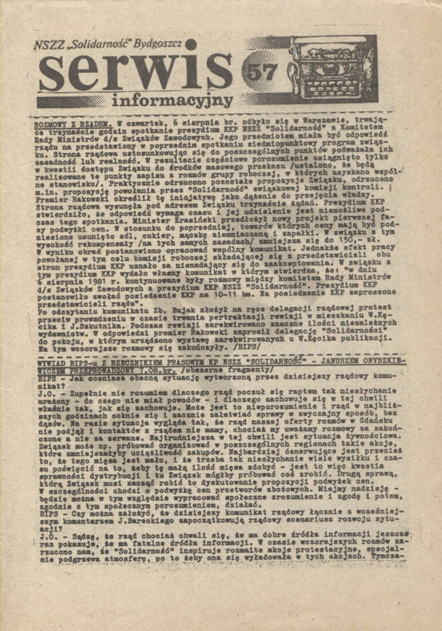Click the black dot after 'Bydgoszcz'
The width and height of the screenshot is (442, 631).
click(190, 43)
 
